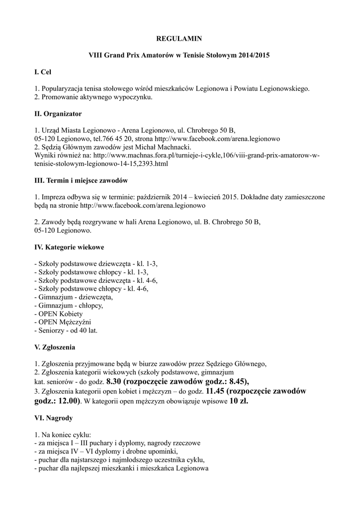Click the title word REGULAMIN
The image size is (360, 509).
[180, 38]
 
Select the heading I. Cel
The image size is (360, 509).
[43, 72]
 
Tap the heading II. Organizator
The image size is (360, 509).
[58, 114]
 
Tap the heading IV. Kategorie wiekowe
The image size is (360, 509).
[69, 247]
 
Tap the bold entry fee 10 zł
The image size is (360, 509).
[239, 401]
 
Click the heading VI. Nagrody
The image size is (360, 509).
[53, 419]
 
